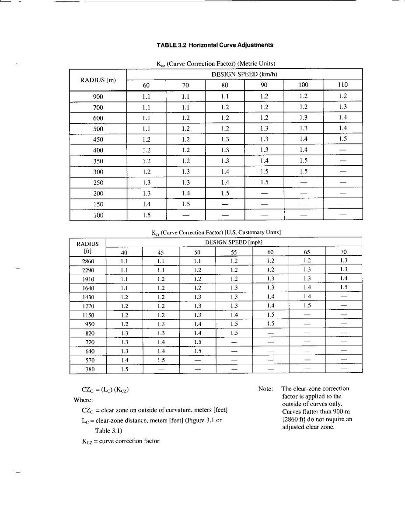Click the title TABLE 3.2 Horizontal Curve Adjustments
pos(215,45)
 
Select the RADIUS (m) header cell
pos(98,80)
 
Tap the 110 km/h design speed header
pos(343,85)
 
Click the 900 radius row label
pos(98,97)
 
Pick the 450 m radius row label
pos(98,140)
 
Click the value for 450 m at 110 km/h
pos(343,140)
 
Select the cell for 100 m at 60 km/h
pos(147,215)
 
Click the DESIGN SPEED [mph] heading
pos(234,242)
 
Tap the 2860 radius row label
pos(88,261)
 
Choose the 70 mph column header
pos(343,252)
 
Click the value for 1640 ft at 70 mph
pos(343,288)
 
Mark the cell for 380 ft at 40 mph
pos(124,369)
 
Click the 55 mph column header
pos(234,252)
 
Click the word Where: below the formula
pos(83,400)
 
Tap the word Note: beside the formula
pos(265,389)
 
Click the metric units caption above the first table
pos(216,64)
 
